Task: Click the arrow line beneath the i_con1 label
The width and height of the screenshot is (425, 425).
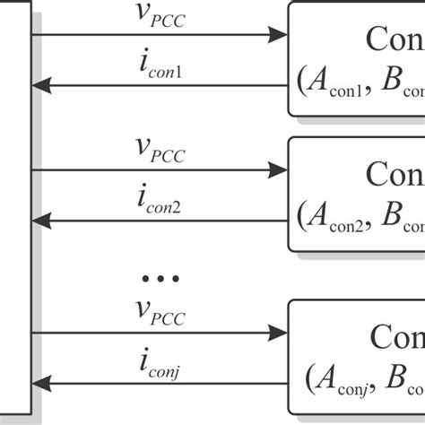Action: point(161,86)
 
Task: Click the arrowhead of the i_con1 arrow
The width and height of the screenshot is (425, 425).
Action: point(41,86)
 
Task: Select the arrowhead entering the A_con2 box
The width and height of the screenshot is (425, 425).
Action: point(277,169)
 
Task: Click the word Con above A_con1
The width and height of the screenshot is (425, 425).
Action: point(395,39)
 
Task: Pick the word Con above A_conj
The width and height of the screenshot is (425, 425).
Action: point(395,338)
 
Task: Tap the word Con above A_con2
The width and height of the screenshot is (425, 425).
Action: point(395,174)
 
